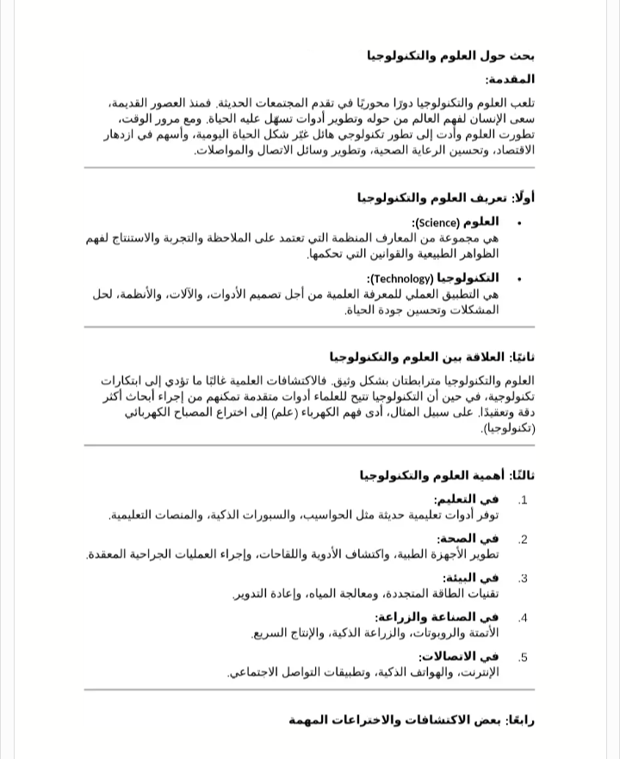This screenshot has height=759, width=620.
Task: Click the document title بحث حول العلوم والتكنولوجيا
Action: [450, 57]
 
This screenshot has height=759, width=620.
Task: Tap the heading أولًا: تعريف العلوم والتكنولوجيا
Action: [446, 198]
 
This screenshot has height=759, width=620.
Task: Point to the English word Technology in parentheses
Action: [401, 279]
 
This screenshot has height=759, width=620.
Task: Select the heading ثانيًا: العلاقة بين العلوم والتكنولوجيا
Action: [431, 357]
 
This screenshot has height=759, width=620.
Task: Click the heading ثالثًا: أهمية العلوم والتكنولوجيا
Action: [447, 475]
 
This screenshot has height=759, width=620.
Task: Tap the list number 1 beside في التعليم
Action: [523, 500]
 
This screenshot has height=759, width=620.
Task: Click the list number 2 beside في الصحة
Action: [523, 540]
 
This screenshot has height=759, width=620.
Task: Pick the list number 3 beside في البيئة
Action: [523, 579]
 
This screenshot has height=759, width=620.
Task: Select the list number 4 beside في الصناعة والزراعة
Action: [523, 618]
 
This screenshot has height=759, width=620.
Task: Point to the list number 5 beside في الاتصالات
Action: [523, 657]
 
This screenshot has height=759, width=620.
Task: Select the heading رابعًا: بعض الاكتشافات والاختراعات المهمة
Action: [412, 719]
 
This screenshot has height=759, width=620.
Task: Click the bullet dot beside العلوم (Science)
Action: [519, 224]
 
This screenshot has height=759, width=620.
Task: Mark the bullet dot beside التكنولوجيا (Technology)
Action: [519, 280]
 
